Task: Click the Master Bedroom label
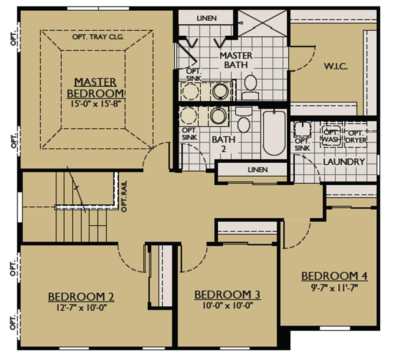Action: click(x=96, y=88)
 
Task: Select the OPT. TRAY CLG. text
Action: click(x=98, y=37)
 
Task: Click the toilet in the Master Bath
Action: click(x=250, y=87)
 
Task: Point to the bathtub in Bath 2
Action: click(x=274, y=133)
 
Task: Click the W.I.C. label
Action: click(x=336, y=67)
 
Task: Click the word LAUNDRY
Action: click(x=344, y=162)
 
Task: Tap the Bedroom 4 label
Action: click(x=334, y=276)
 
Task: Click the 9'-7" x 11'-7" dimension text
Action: click(x=334, y=287)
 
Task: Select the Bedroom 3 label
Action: click(x=228, y=295)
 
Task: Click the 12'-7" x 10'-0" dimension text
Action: click(x=82, y=308)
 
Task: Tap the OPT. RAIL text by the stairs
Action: click(x=124, y=197)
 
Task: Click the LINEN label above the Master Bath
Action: click(x=207, y=18)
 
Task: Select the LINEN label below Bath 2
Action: click(x=257, y=170)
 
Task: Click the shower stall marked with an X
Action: click(x=262, y=23)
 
